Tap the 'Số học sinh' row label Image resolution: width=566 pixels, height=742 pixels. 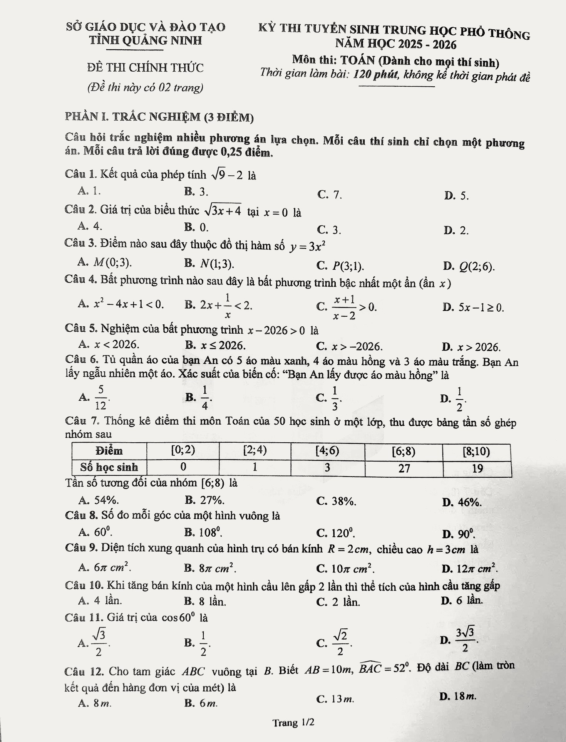pyautogui.click(x=109, y=467)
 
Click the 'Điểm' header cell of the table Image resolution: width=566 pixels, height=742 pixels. pyautogui.click(x=109, y=451)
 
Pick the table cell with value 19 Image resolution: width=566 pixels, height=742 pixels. pyautogui.click(x=477, y=468)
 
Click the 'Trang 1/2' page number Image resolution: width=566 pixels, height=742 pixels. pyautogui.click(x=293, y=722)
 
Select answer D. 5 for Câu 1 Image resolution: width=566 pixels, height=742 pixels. pyautogui.click(x=457, y=196)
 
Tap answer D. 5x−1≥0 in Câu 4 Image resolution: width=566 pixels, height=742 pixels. pyautogui.click(x=473, y=307)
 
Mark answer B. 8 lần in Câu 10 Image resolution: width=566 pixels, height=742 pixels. pyautogui.click(x=205, y=601)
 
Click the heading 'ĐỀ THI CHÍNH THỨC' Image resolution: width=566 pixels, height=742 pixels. pyautogui.click(x=145, y=68)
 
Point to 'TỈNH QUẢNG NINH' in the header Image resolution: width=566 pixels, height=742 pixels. pyautogui.click(x=146, y=40)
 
